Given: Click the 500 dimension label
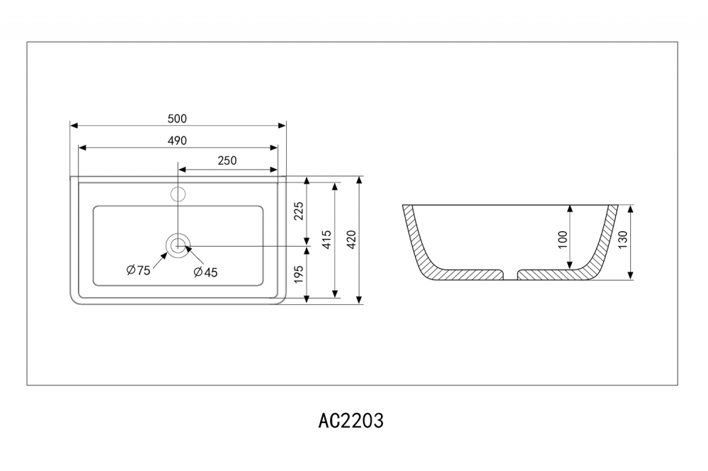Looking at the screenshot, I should point(177,119).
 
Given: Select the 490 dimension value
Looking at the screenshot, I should point(177,141).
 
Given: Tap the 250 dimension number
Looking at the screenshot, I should point(227,161).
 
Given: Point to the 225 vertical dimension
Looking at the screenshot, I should point(299,211).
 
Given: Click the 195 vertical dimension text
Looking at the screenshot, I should point(299,273).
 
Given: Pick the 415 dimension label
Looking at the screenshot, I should point(325,240).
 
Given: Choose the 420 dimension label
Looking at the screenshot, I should point(351,240).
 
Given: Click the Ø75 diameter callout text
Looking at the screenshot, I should point(138,269).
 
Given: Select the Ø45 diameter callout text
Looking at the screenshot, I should point(205,272).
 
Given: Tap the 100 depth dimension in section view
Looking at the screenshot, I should point(563,238).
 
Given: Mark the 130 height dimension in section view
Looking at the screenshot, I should point(622,242).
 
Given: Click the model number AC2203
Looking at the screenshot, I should point(351,421).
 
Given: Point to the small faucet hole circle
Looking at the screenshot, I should point(178,192).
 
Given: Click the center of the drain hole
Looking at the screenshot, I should point(178,245).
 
